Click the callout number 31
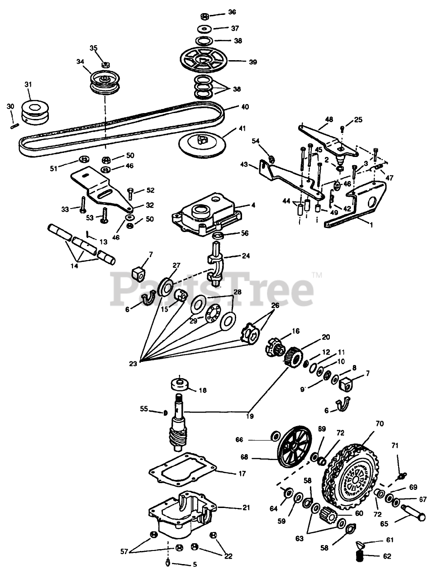click(x=28, y=85)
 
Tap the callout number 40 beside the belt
click(x=245, y=108)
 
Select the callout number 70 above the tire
click(x=380, y=424)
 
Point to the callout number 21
click(x=246, y=508)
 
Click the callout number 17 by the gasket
click(x=242, y=474)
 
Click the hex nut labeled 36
click(x=204, y=16)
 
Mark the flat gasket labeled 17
click(x=182, y=470)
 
